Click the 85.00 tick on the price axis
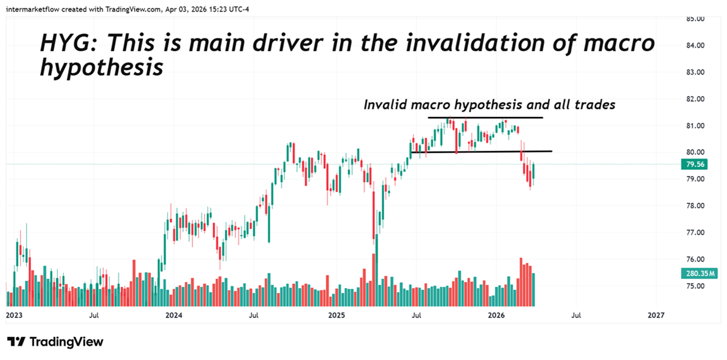tap(696, 19)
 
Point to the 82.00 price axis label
tap(696, 99)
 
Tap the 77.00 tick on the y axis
tap(696, 233)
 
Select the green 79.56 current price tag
tap(695, 164)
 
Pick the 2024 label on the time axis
tap(174, 316)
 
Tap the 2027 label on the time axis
tap(656, 316)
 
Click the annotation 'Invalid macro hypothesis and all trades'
tap(489, 105)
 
